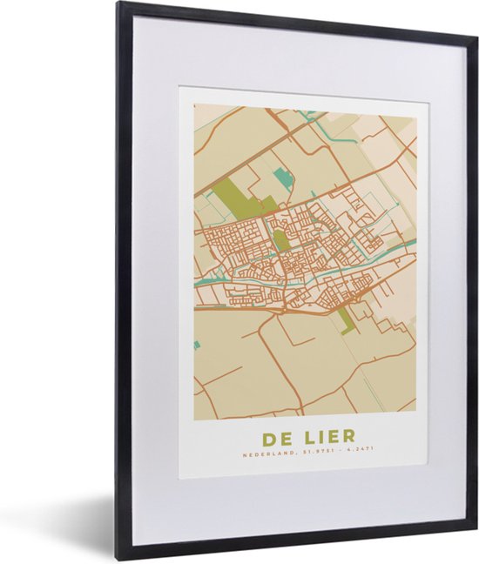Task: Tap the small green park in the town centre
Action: point(281,239)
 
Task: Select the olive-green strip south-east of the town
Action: point(346,319)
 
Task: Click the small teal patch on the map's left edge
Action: point(197,345)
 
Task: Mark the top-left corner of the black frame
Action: point(119,4)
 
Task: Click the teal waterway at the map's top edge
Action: point(307,114)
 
